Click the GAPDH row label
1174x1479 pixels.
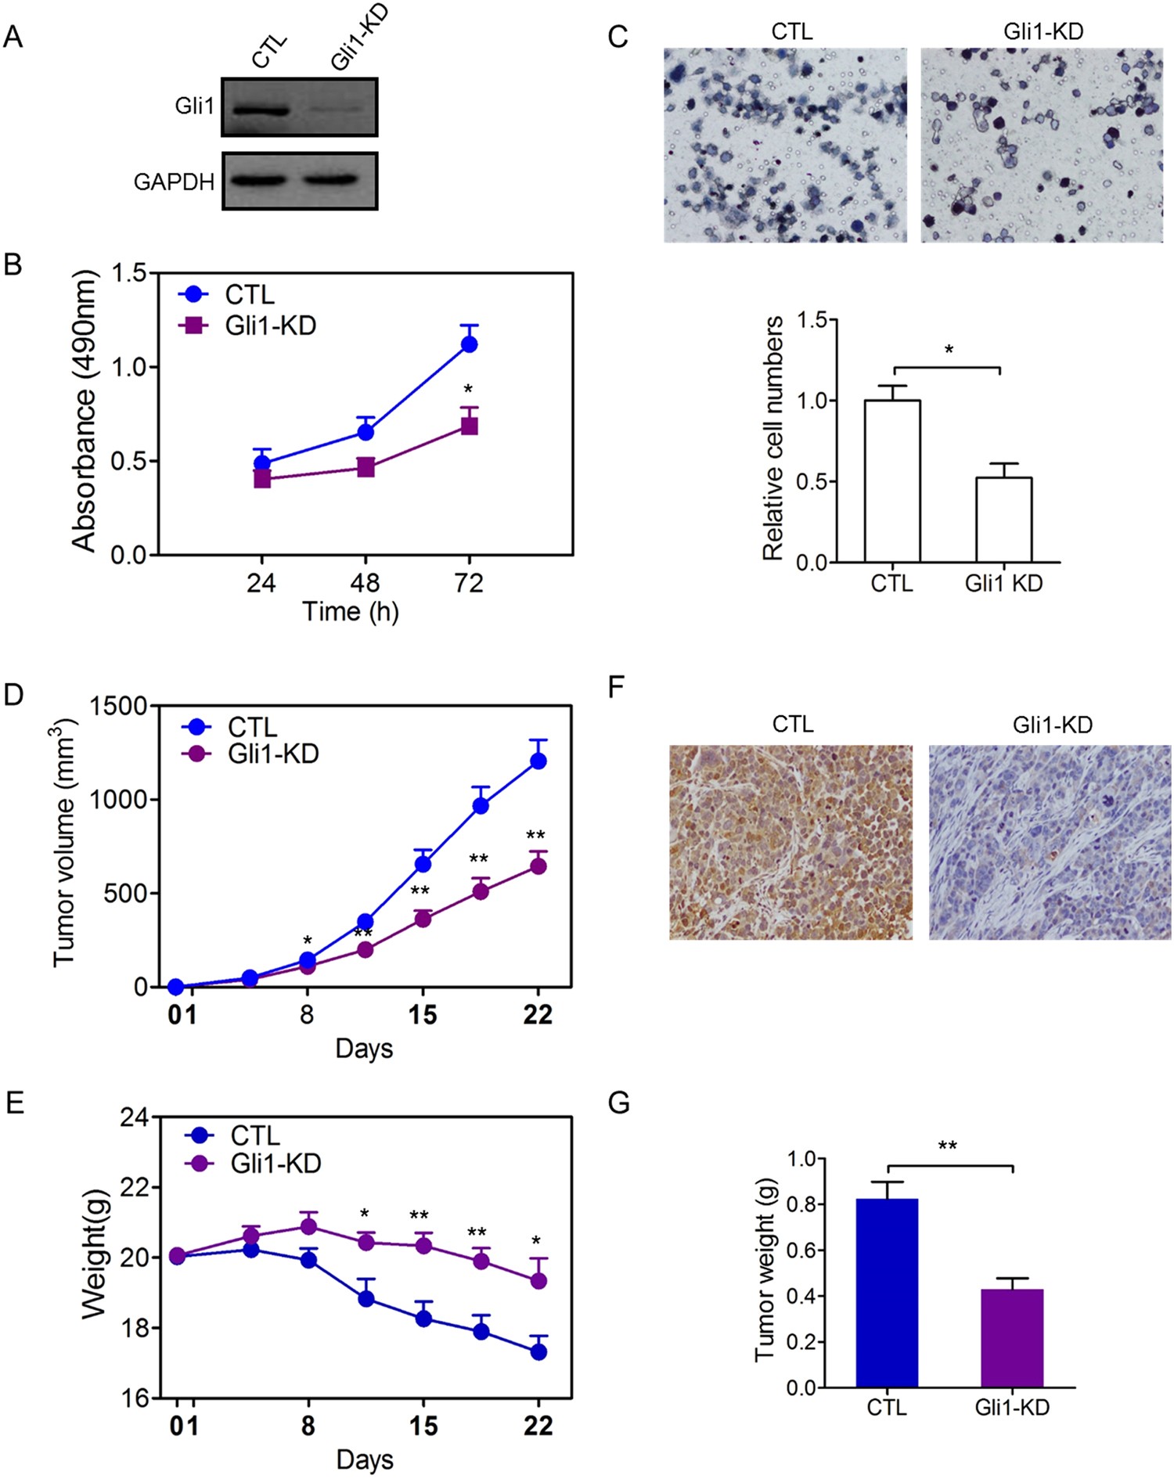tap(174, 182)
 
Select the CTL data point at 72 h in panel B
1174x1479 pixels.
tap(469, 344)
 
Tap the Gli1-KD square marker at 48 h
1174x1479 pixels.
tap(366, 468)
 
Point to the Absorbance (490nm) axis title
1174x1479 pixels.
tap(84, 412)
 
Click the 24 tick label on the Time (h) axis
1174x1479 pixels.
tap(261, 583)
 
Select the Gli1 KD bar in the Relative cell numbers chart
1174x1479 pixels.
tap(1003, 520)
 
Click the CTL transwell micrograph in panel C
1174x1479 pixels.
tap(785, 146)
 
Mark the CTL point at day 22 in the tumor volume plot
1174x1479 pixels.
tap(538, 761)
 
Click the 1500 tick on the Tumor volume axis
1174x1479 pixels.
tap(118, 706)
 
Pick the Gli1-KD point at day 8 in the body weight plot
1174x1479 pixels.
tap(308, 1226)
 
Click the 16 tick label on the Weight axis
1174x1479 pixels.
tap(134, 1398)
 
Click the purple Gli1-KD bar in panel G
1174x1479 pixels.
tap(1012, 1339)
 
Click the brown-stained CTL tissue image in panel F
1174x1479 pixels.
tap(790, 842)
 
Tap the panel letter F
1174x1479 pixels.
tap(617, 689)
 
